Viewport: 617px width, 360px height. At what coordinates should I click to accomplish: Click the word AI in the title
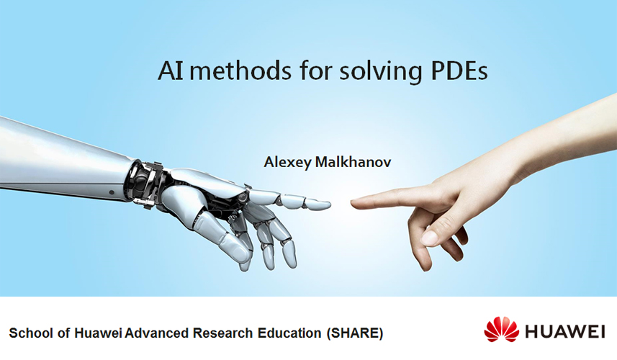(171, 71)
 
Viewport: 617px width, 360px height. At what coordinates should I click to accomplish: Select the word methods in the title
(240, 70)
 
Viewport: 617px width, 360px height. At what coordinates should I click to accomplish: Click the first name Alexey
(288, 163)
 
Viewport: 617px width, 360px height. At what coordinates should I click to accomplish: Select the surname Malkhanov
(353, 162)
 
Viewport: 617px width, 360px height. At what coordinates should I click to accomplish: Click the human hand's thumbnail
(429, 238)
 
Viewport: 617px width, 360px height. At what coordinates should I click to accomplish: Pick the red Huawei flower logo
(501, 329)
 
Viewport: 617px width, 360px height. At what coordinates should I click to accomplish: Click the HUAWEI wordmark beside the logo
(564, 331)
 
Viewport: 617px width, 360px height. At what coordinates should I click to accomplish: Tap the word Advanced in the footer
(158, 333)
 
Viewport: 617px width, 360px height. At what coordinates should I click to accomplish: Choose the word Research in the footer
(222, 333)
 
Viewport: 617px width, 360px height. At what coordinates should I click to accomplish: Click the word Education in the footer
(289, 333)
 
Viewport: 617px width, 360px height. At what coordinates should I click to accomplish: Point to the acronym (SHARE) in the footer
(354, 333)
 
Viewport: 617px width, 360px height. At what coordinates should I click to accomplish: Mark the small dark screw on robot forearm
(112, 192)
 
